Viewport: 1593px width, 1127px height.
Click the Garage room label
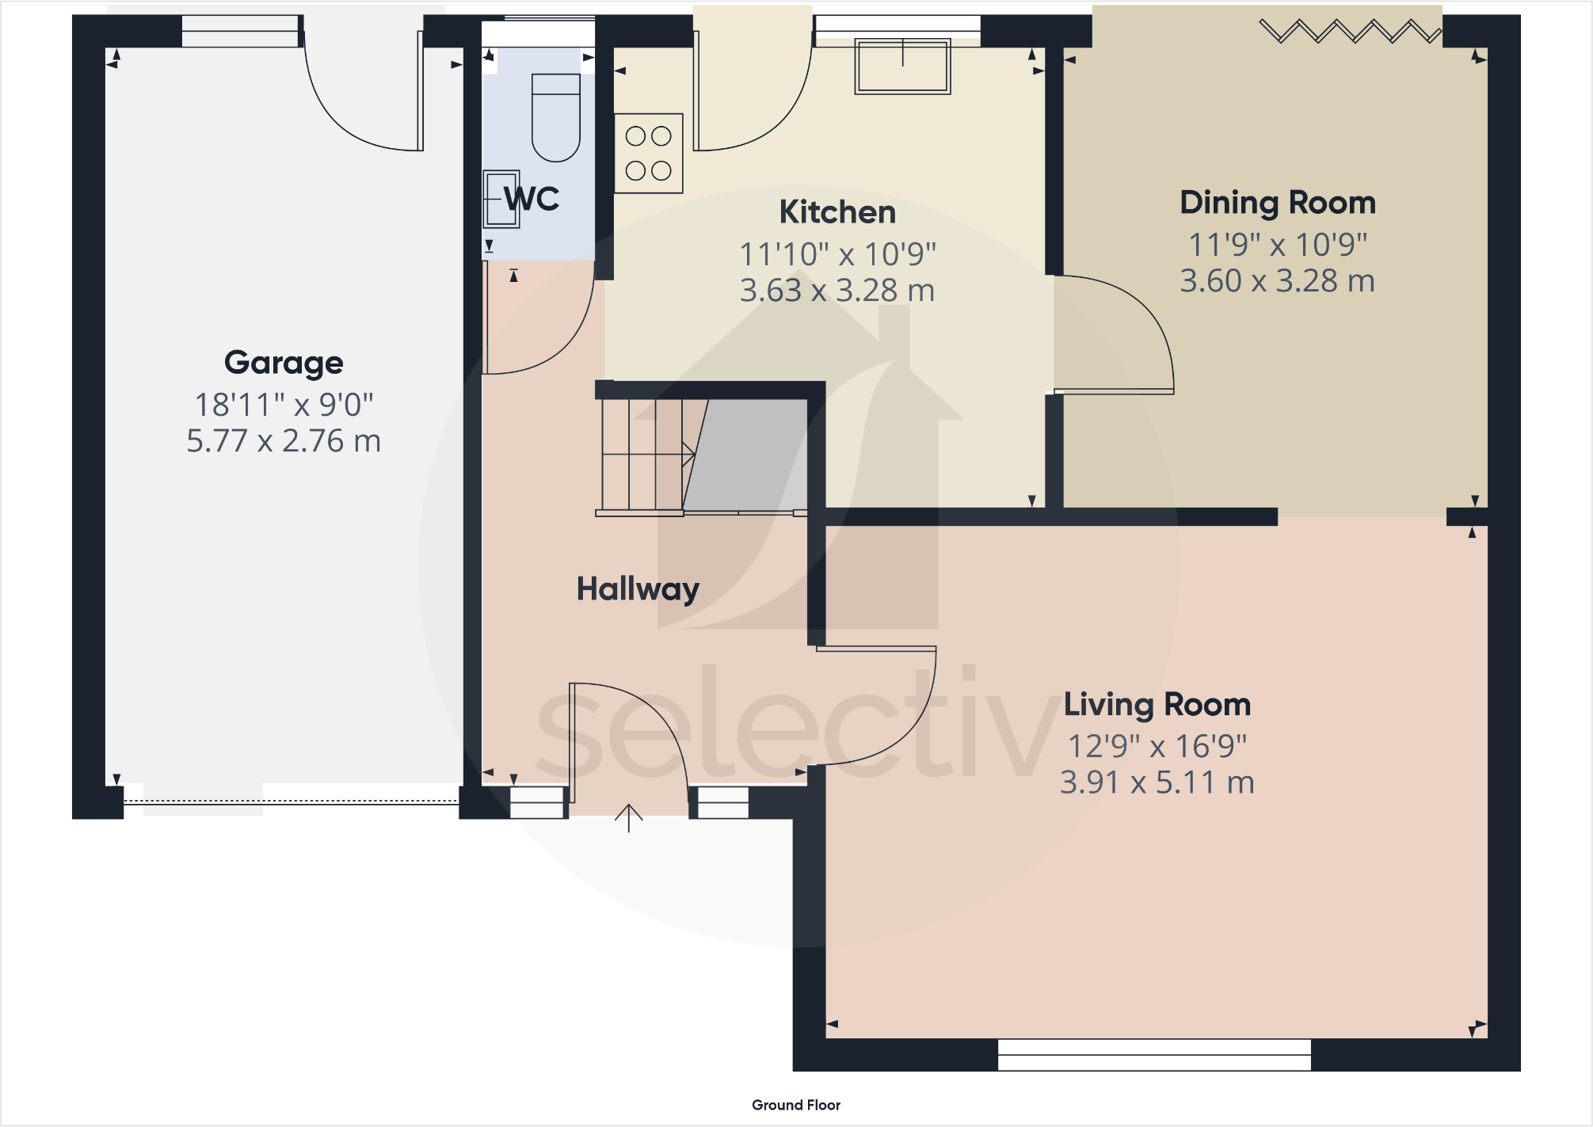[284, 364]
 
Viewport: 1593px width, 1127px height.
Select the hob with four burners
[648, 154]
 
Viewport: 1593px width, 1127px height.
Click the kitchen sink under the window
[902, 67]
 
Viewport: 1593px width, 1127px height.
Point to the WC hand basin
[501, 199]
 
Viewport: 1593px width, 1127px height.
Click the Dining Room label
[1277, 204]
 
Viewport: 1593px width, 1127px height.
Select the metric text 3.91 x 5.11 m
[1157, 782]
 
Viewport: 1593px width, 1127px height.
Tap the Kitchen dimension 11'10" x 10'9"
[837, 255]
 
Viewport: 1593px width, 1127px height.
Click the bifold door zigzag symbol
[1350, 32]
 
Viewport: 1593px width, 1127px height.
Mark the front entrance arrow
[628, 818]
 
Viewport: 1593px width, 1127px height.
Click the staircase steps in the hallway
[642, 455]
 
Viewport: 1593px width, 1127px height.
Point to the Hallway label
[638, 589]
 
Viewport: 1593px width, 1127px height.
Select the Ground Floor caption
[795, 1105]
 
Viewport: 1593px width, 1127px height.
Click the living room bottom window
[1154, 1055]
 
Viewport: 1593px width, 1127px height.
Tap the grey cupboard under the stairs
[749, 455]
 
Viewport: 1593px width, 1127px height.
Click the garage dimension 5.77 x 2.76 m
[284, 441]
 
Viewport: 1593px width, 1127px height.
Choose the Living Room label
[1157, 705]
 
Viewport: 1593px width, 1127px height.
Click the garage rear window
[240, 32]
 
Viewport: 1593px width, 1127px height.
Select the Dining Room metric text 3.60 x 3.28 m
[1277, 281]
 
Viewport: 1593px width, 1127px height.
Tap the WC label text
[532, 199]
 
